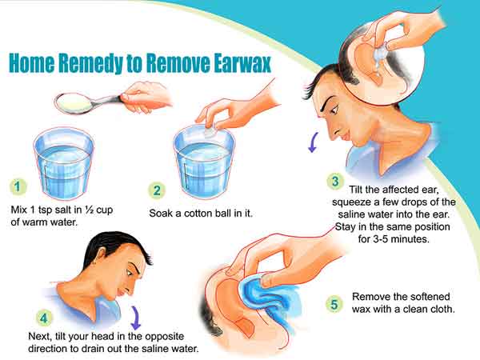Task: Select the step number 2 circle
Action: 157,190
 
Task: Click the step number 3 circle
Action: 335,182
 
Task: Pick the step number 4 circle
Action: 44,318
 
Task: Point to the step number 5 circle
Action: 334,304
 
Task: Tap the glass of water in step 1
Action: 64,164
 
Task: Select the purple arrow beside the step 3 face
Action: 313,142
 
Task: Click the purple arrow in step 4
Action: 135,318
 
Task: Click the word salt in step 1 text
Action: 64,210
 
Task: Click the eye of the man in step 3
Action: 333,109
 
